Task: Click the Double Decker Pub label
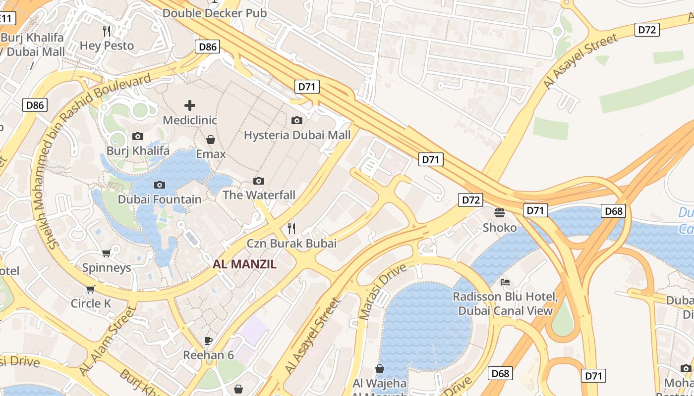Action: (x=214, y=13)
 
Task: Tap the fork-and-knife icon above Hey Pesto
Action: (x=107, y=31)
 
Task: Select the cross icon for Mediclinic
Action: (x=190, y=105)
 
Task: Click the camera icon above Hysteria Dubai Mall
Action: (x=297, y=120)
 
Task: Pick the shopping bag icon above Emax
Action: (x=211, y=140)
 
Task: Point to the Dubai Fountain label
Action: (x=159, y=199)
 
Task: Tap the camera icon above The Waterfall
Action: (x=259, y=181)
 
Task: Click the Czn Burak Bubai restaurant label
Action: (x=291, y=243)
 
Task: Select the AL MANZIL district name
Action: (x=244, y=264)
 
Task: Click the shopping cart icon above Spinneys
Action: (x=107, y=253)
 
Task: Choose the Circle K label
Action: (x=91, y=303)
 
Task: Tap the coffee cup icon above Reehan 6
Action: (x=208, y=341)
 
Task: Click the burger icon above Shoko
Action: (x=500, y=213)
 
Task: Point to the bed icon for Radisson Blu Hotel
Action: (x=505, y=282)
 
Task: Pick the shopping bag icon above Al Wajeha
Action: (x=380, y=369)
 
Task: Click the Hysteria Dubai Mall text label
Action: (x=297, y=135)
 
